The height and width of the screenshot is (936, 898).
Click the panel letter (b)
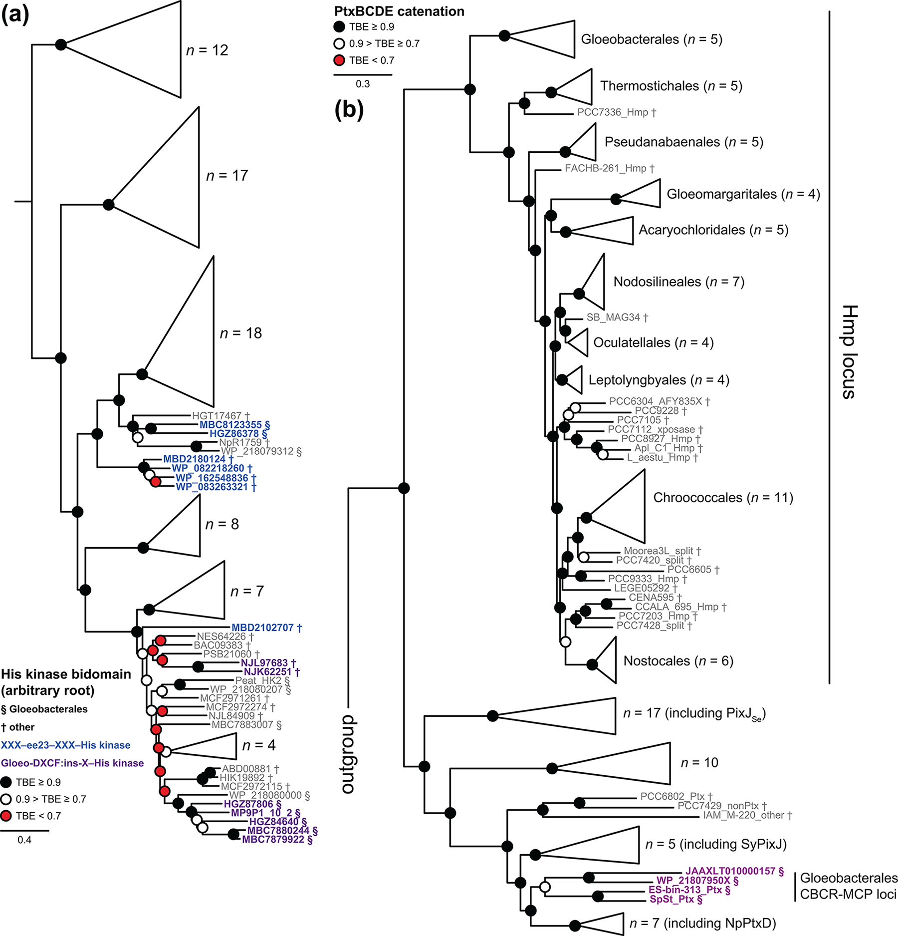coord(349,110)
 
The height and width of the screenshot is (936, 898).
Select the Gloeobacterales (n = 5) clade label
coord(652,39)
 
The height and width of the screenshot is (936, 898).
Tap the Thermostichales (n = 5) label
coord(671,86)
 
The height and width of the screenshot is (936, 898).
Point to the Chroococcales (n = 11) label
coord(723,498)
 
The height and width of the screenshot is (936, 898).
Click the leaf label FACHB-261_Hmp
coord(605,169)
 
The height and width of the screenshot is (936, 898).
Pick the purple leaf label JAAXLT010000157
coord(731,871)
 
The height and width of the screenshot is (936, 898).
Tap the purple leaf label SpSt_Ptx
coord(672,899)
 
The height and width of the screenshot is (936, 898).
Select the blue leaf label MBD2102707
coord(262,627)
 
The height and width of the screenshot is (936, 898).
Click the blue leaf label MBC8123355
coord(230,425)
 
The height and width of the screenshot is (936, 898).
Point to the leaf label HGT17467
coord(217,416)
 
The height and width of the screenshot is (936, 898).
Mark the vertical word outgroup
coord(347,754)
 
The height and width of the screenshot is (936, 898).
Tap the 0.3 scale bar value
coord(363,84)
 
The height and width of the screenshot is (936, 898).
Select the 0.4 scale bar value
coord(24,840)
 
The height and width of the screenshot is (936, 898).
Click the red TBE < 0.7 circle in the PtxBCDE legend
coord(340,60)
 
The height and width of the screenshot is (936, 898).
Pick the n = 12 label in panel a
coord(207,50)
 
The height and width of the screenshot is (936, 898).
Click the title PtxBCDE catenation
coord(399,11)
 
